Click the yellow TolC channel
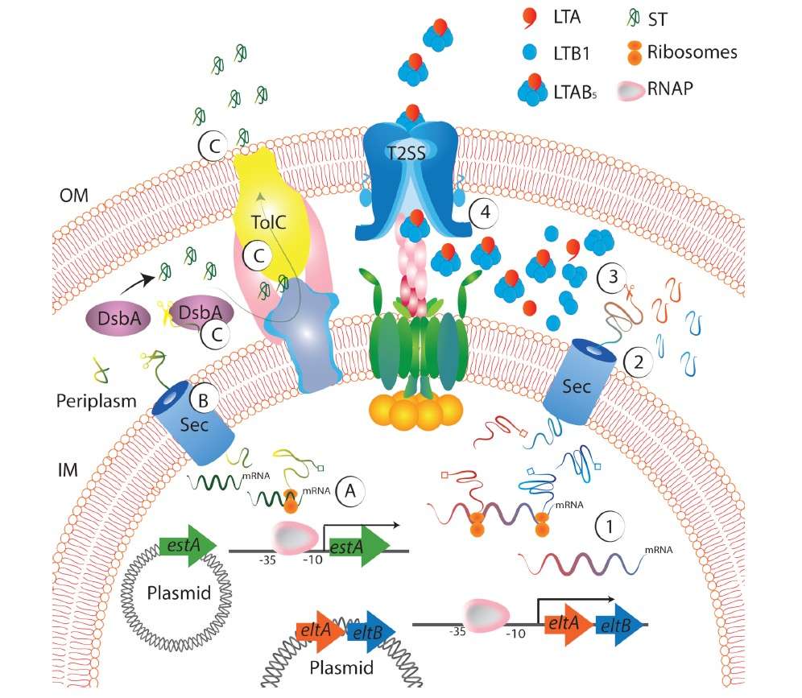point(270,215)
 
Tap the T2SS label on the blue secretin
point(406,153)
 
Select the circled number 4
point(485,212)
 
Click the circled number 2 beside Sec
point(638,362)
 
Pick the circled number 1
point(610,527)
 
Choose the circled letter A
point(349,491)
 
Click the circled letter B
point(203,400)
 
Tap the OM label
point(73,195)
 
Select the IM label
point(68,470)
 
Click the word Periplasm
point(96,401)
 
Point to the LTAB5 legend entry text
point(575,92)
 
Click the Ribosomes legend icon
point(635,52)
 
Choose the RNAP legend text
point(670,89)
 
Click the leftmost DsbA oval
point(118,319)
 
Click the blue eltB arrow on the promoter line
point(619,625)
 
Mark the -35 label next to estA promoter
point(267,560)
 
